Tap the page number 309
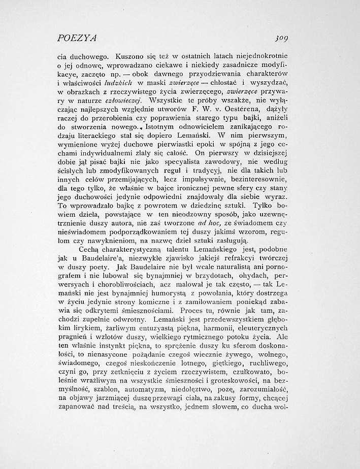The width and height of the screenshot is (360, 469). coord(294,38)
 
